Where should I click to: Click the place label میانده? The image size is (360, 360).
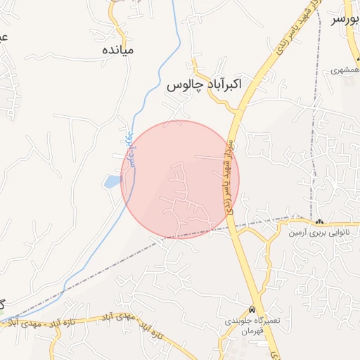coord(117,51)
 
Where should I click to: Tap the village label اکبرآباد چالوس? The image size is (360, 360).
coord(205,85)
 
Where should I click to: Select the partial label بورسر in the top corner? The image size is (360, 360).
coord(345,19)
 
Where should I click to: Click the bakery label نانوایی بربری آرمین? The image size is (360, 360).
coord(320,231)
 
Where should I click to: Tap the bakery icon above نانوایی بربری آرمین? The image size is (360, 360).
coord(320,221)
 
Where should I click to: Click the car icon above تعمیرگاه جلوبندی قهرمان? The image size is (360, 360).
coord(252,310)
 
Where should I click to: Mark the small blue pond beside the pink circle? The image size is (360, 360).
coord(112,183)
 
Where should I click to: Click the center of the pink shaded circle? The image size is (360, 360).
coord(180,179)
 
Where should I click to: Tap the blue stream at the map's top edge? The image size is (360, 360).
coord(174,4)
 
